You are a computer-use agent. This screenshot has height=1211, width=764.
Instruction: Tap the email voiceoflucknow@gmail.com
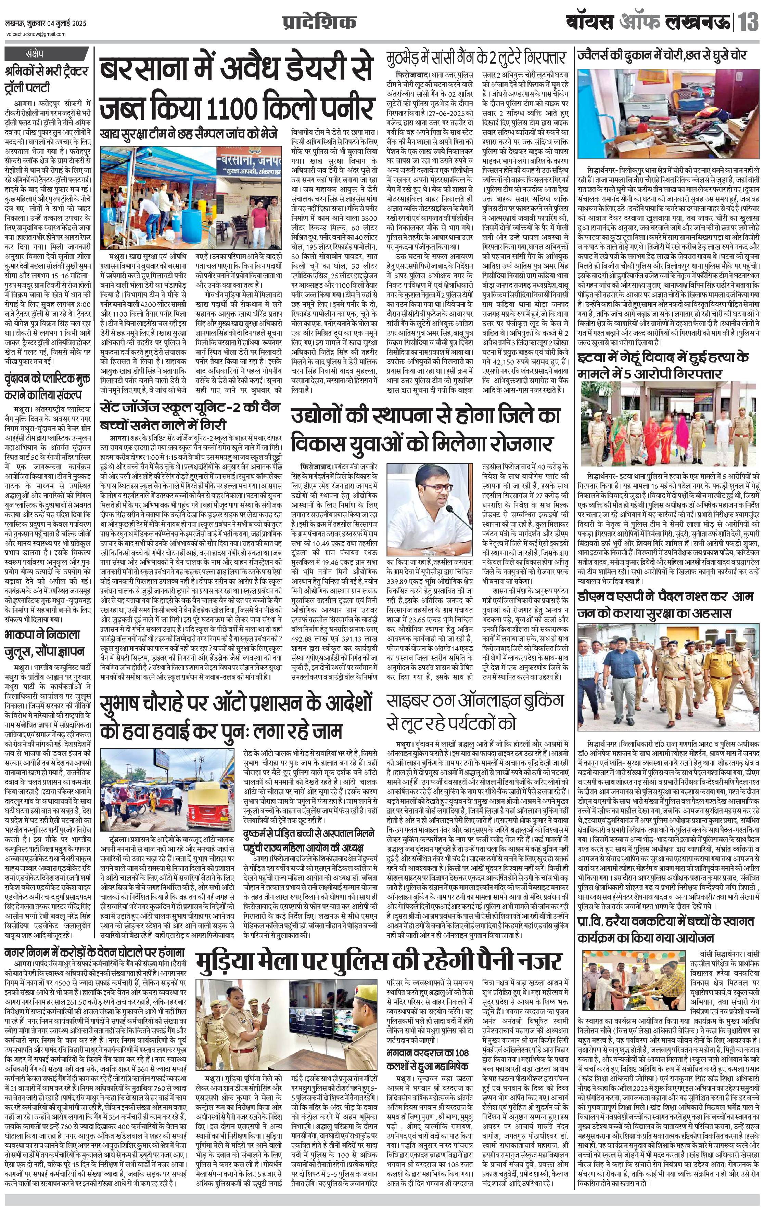tap(36, 34)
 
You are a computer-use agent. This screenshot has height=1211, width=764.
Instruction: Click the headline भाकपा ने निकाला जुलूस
tap(45, 643)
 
